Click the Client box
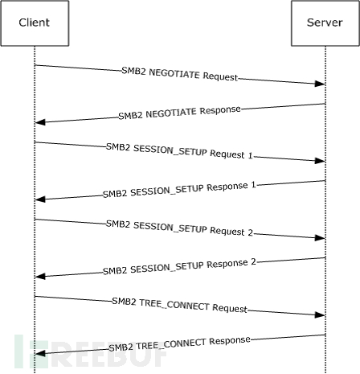35,23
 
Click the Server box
325,23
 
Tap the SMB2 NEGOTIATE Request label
180,74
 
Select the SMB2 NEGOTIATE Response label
179,113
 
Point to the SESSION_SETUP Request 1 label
179,151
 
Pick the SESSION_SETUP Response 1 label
179,190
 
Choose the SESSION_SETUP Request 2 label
179,228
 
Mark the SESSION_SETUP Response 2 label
179,267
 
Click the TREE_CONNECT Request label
179,305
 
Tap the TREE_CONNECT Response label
179,343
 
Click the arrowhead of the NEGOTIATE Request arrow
320,84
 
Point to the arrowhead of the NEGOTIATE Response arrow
40,122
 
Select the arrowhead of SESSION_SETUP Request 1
320,161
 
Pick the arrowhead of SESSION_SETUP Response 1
40,199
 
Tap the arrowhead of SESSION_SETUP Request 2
320,238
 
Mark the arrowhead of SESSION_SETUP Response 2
40,277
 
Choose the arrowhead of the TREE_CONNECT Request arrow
320,314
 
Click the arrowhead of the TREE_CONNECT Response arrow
40,354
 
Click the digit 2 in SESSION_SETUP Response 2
254,261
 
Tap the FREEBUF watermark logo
91,351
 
